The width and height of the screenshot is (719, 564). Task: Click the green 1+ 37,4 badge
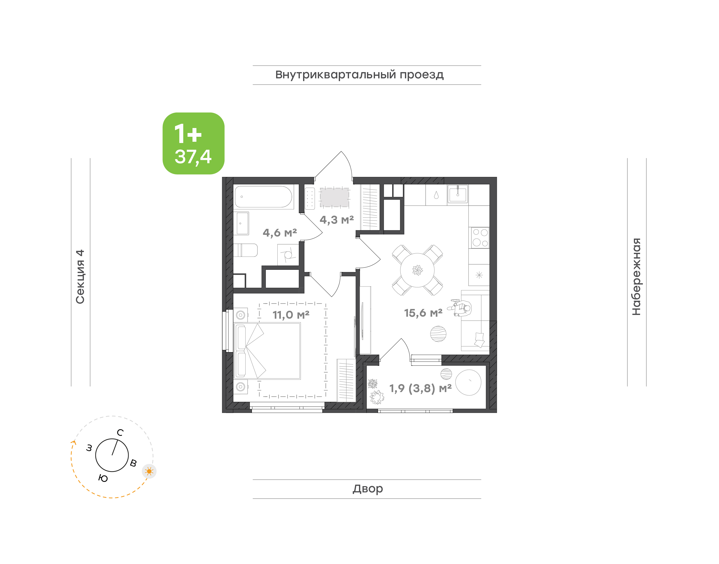tap(193, 143)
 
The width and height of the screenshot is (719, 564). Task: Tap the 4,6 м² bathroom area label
tap(280, 233)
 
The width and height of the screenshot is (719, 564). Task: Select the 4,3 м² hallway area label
tap(337, 220)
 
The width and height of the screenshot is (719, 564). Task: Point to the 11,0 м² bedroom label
tap(291, 315)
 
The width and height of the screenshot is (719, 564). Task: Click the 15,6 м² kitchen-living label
tap(423, 313)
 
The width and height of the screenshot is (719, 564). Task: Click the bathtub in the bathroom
tap(263, 197)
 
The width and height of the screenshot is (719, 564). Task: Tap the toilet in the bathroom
tap(245, 250)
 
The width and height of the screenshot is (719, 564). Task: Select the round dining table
tap(417, 270)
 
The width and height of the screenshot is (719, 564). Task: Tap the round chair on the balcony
tap(468, 382)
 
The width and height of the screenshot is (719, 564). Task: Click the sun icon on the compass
tap(149, 471)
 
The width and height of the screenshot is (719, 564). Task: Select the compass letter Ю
tap(103, 478)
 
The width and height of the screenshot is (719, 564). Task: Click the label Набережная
tap(636, 277)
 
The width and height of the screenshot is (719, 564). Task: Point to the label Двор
tap(367, 489)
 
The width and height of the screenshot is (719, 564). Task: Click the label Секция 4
tap(80, 277)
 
